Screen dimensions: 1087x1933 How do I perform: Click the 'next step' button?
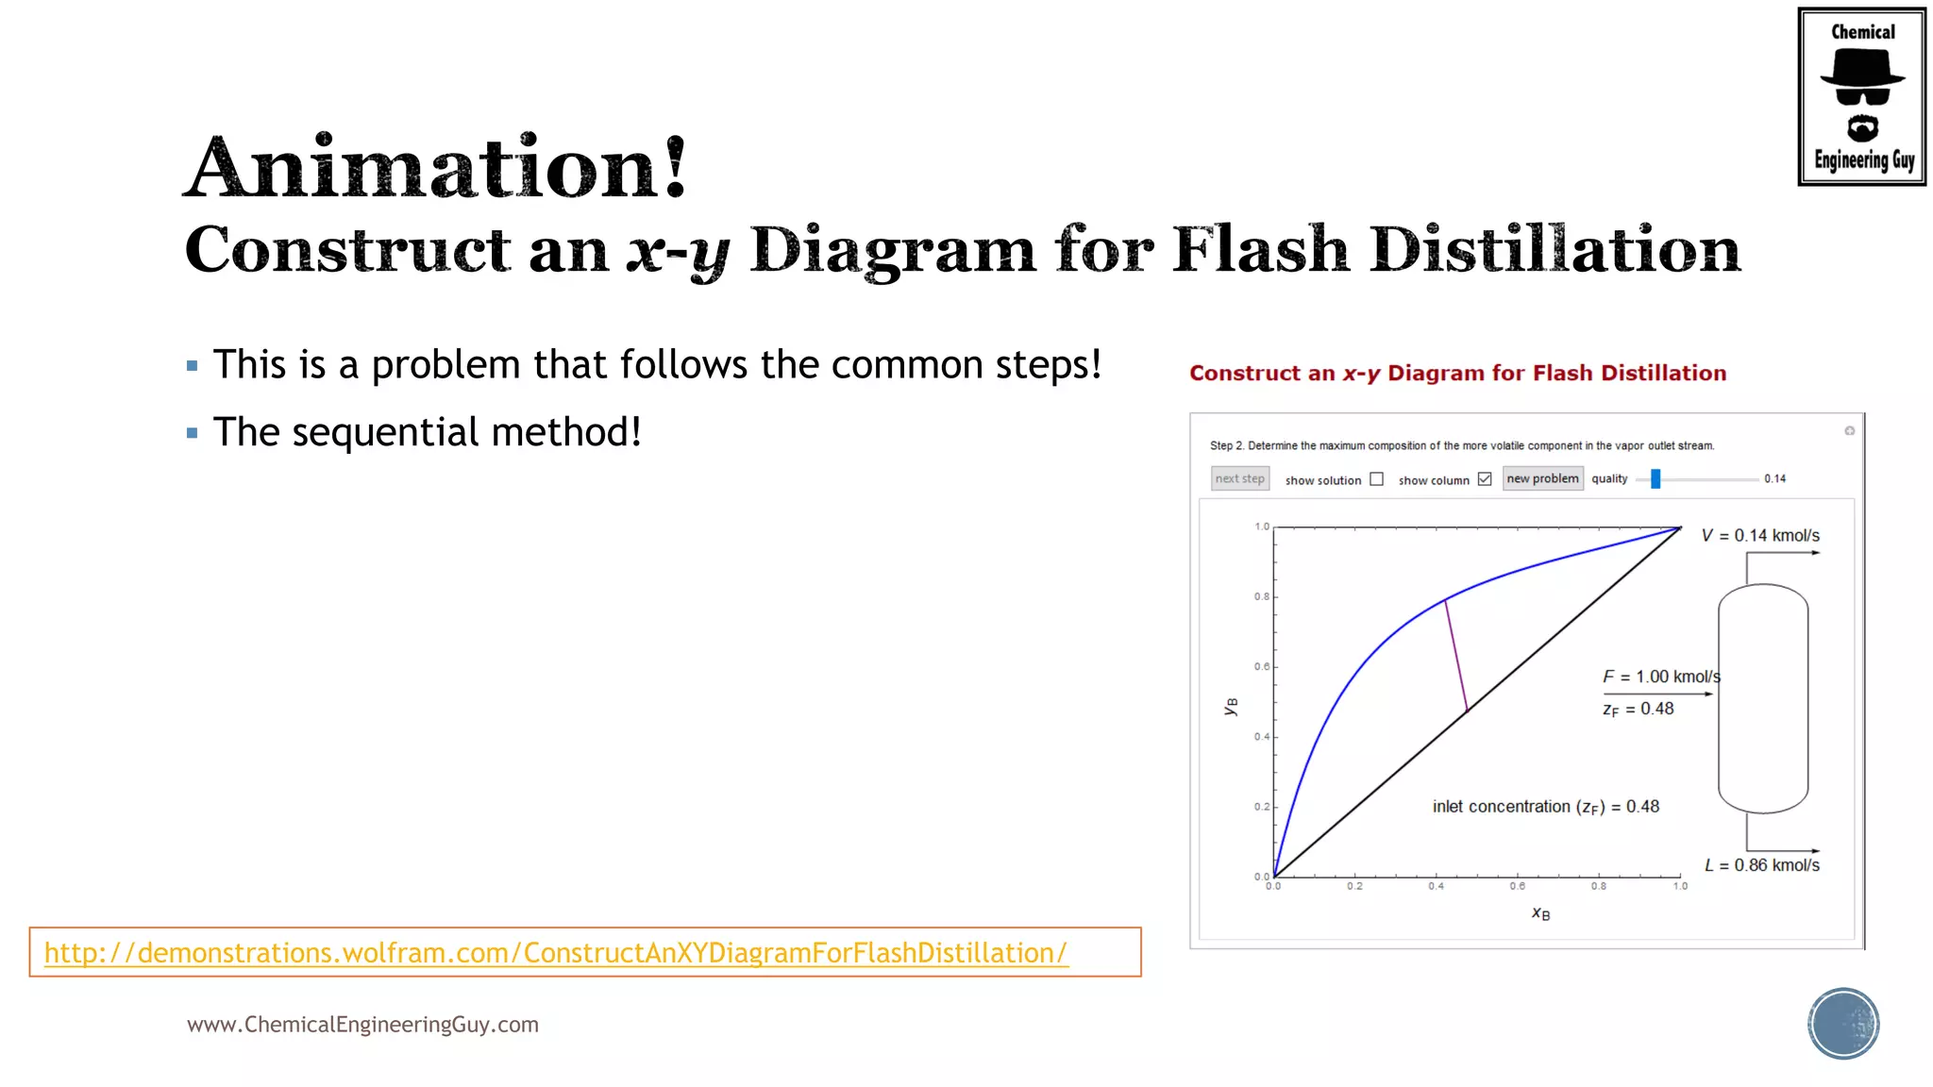1239,478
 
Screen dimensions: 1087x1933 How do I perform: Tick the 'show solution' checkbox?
1377,479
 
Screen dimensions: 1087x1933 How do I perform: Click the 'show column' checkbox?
1485,479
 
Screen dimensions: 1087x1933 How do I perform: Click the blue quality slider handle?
1656,479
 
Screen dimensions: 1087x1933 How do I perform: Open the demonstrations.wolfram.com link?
555,953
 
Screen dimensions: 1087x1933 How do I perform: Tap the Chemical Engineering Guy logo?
1861,96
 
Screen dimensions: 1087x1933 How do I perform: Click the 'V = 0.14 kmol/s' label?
1760,536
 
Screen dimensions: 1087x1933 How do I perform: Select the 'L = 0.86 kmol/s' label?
1761,865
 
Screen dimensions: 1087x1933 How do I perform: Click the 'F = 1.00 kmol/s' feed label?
1661,677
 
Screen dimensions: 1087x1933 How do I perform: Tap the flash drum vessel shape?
1762,698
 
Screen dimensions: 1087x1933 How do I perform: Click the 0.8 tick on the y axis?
1262,596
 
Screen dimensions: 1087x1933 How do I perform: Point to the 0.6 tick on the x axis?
1517,886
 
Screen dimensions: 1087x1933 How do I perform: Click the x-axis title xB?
1540,913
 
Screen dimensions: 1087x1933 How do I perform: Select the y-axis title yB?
1231,706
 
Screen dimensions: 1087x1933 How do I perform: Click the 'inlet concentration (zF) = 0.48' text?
1545,807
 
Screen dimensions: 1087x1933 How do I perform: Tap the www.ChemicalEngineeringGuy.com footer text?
362,1025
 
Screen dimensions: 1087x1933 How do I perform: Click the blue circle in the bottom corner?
1843,1024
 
